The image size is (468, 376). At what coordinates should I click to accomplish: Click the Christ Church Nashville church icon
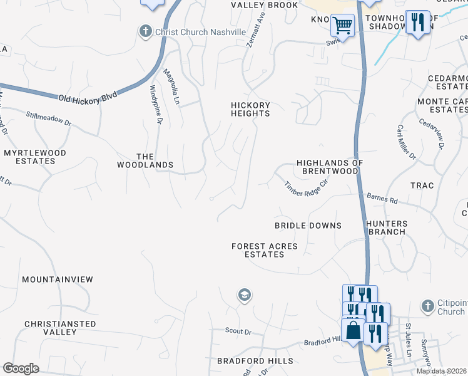pos(145,31)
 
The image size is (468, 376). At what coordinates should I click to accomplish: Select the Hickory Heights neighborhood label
pos(250,110)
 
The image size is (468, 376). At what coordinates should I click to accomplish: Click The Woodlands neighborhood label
pos(145,160)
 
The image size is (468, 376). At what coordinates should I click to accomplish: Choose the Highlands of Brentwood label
pos(329,167)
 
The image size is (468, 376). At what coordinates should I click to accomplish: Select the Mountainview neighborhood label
pos(57,279)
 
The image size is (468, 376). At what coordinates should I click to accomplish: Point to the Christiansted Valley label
pos(60,328)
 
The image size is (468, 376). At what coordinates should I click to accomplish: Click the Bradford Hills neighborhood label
pos(255,362)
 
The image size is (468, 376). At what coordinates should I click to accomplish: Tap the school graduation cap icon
pos(244,295)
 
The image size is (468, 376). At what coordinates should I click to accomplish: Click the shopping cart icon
pos(342,26)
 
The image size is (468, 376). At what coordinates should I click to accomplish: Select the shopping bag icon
pos(353,330)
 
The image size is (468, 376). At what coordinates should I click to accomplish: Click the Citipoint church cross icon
pos(427,306)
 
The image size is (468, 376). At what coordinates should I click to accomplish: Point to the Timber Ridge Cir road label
pos(307,187)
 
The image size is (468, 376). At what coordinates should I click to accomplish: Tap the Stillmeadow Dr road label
pos(49,118)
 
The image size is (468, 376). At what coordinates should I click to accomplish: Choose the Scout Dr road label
pos(238,331)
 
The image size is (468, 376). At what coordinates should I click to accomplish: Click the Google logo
pos(21,368)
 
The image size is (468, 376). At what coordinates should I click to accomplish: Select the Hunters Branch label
pos(387,227)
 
